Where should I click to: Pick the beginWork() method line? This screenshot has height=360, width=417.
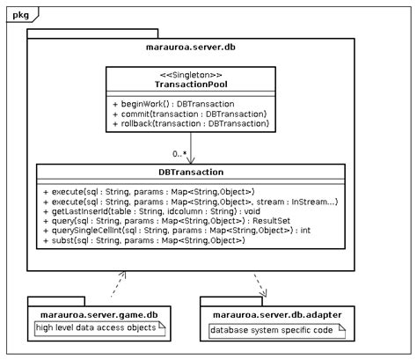[x=166, y=104]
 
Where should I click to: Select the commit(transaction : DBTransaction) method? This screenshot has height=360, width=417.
[x=189, y=114]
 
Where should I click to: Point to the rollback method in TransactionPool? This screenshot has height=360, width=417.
[x=190, y=125]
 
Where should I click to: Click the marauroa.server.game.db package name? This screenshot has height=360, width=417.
[x=97, y=313]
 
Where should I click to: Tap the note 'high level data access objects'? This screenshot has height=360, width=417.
[x=97, y=328]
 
